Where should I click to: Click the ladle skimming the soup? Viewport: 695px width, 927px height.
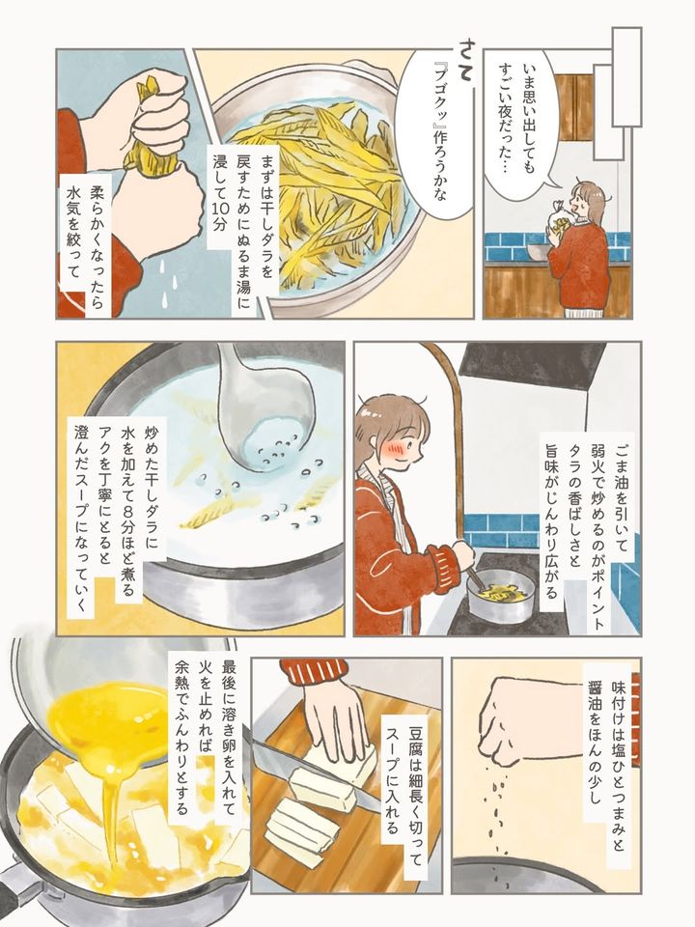(254, 414)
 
